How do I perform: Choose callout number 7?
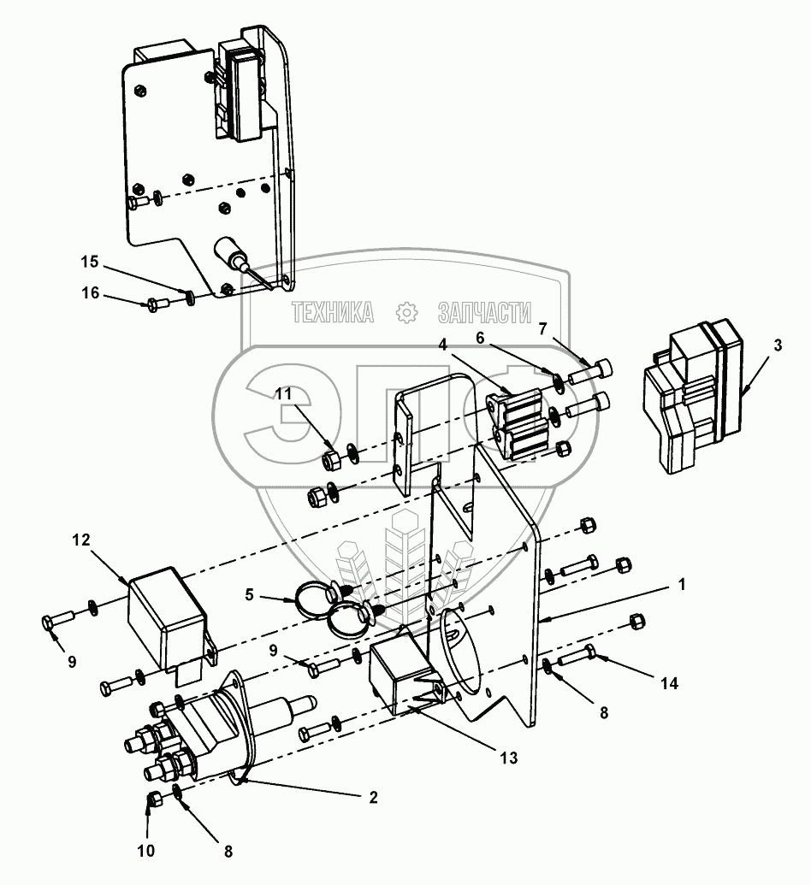(x=542, y=328)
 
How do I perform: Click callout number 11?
(x=283, y=394)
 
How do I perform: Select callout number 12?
(x=80, y=541)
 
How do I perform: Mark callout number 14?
(x=670, y=685)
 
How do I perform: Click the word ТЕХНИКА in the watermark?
(x=333, y=312)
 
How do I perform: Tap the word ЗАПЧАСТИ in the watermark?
(x=484, y=312)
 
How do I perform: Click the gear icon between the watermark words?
(x=406, y=312)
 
